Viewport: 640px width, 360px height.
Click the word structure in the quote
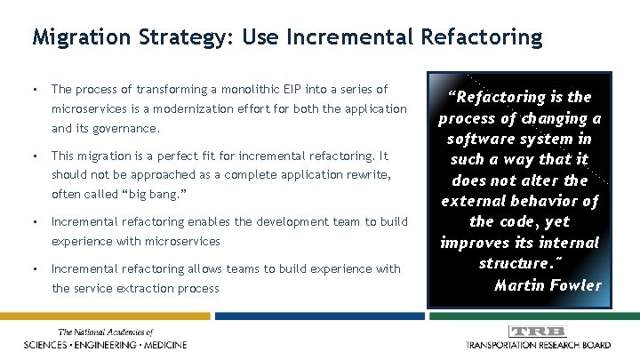pos(516,264)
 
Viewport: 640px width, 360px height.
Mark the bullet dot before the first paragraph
pos(35,90)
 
